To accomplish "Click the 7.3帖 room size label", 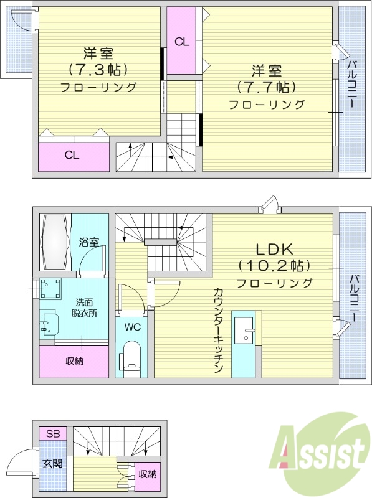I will tap(98, 69).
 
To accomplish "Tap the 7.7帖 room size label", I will tap(266, 87).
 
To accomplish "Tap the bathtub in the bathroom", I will tap(54, 240).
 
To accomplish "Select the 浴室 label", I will tap(89, 242).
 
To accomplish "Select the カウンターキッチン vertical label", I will tap(219, 330).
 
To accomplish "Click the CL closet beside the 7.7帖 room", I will tap(182, 42).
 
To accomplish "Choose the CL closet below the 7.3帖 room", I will tap(72, 156).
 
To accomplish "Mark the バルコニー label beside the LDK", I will tap(353, 299).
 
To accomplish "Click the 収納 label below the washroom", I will tap(75, 361).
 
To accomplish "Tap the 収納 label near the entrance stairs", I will tap(148, 474).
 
